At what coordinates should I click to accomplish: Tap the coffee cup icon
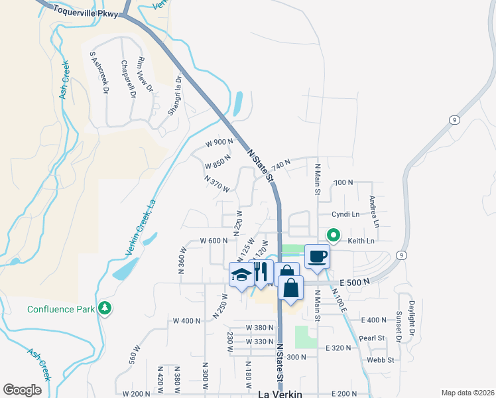[x=318, y=256]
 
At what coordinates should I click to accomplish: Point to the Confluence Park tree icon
[x=104, y=308]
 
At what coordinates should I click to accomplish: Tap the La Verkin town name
[x=279, y=393]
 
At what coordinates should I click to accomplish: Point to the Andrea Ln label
[x=373, y=212]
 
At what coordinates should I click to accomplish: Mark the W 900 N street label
[x=219, y=142]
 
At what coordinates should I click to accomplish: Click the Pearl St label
[x=372, y=338]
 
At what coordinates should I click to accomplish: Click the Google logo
[x=22, y=390]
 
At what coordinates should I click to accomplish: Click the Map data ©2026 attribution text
[x=467, y=393]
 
